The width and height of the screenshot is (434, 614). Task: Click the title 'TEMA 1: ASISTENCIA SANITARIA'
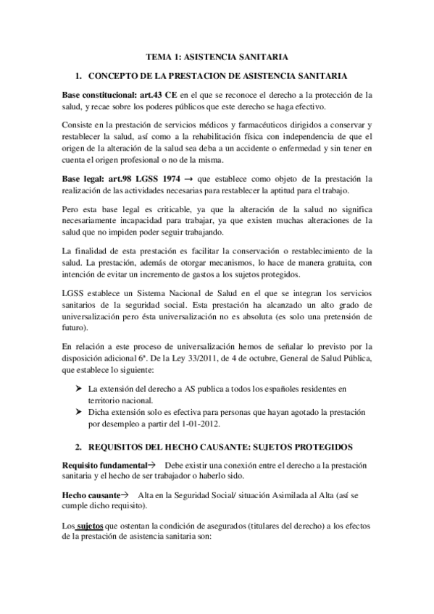tap(218, 56)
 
